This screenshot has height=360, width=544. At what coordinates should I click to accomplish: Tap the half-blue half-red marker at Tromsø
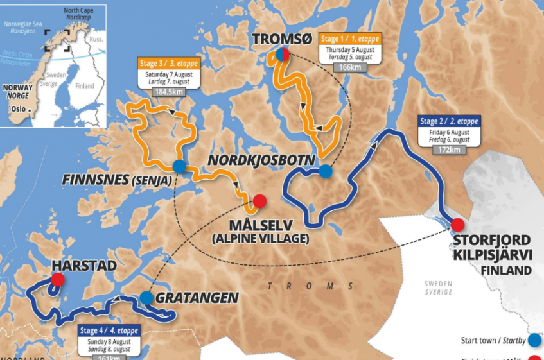282,55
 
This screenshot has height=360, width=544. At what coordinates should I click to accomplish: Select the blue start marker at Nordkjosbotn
326,171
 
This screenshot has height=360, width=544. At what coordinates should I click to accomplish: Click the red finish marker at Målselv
259,201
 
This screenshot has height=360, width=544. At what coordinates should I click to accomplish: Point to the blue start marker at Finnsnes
180,166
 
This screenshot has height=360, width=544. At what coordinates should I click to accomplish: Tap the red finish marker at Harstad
58,279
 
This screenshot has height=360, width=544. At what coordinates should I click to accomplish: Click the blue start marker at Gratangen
146,297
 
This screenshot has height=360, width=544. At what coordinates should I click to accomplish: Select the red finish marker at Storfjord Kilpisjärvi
457,225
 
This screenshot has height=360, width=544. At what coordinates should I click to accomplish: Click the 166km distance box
350,67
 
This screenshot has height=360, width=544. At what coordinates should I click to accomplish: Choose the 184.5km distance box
169,92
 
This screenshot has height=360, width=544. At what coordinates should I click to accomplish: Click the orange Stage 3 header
169,64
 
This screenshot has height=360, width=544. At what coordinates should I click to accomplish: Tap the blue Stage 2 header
449,121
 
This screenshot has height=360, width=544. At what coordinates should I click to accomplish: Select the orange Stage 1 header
350,38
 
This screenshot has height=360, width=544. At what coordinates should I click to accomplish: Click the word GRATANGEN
197,298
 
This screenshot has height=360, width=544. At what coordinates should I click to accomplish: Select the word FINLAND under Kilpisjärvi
506,270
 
